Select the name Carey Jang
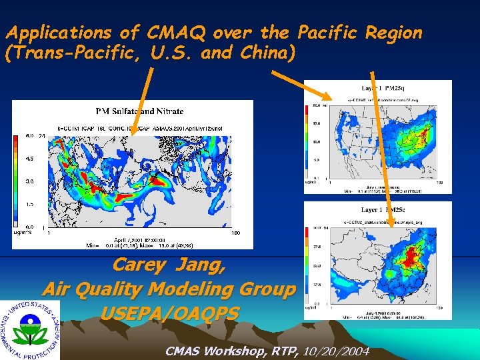pyautogui.click(x=168, y=265)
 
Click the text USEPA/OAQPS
pyautogui.click(x=169, y=312)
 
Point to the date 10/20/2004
pyautogui.click(x=339, y=351)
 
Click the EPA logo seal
pyautogui.click(x=30, y=329)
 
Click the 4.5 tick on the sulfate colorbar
pyautogui.click(x=29, y=159)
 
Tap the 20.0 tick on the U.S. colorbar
pyautogui.click(x=317, y=105)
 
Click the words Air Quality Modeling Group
pyautogui.click(x=168, y=289)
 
